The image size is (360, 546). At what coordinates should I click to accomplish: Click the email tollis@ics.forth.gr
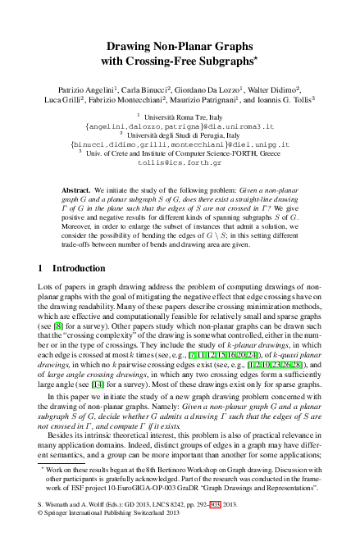click(x=180, y=162)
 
